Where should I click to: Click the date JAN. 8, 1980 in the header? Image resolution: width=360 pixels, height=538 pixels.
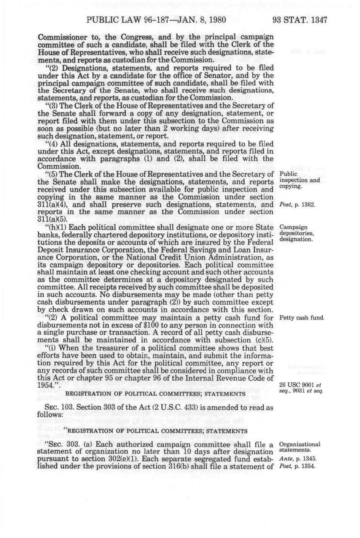click(x=194, y=20)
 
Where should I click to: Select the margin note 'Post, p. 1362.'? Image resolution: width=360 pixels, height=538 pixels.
click(x=297, y=205)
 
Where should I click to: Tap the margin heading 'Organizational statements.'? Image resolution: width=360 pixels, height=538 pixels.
click(x=299, y=447)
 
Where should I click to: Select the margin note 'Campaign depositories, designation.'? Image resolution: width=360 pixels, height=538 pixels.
click(x=296, y=233)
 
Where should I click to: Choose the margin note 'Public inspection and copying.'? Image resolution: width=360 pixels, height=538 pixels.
click(x=299, y=180)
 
